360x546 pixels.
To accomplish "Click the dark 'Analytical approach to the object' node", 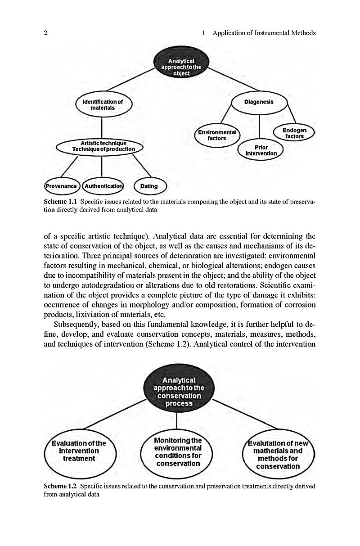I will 181,67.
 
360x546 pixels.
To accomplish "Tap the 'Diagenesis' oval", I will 259,102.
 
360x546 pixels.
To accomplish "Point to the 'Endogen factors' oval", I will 294,133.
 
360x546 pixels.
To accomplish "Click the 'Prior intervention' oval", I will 261,150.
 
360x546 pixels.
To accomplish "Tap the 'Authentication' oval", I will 103,186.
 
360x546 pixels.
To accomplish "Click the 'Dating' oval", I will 149,186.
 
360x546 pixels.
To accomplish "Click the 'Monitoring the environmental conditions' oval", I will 177,451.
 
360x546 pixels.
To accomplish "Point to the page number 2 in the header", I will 46,33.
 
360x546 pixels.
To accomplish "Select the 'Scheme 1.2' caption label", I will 60,486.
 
